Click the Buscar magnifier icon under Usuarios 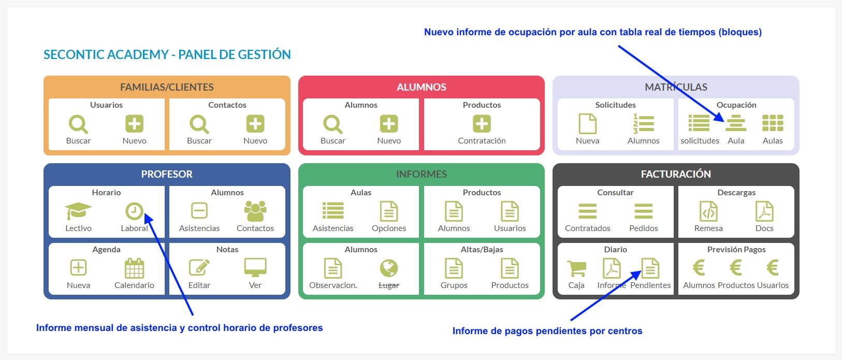pyautogui.click(x=78, y=124)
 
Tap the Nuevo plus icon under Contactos pyautogui.click(x=255, y=124)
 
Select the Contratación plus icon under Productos pyautogui.click(x=482, y=124)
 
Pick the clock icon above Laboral pyautogui.click(x=134, y=211)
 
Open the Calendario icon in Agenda pyautogui.click(x=134, y=268)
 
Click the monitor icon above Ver pyautogui.click(x=255, y=268)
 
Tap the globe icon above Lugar pyautogui.click(x=389, y=268)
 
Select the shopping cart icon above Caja pyautogui.click(x=576, y=268)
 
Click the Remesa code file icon pyautogui.click(x=708, y=211)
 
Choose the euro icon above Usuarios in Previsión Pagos pyautogui.click(x=773, y=267)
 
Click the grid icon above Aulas pyautogui.click(x=773, y=123)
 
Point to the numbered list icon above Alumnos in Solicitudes pyautogui.click(x=644, y=124)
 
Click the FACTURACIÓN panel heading pyautogui.click(x=675, y=174)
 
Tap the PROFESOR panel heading pyautogui.click(x=167, y=174)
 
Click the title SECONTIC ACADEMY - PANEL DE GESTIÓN pyautogui.click(x=167, y=54)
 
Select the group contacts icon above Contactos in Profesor pyautogui.click(x=255, y=211)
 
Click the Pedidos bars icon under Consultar pyautogui.click(x=644, y=211)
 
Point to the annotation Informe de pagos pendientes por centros pyautogui.click(x=547, y=331)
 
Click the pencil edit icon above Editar pyautogui.click(x=199, y=267)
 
